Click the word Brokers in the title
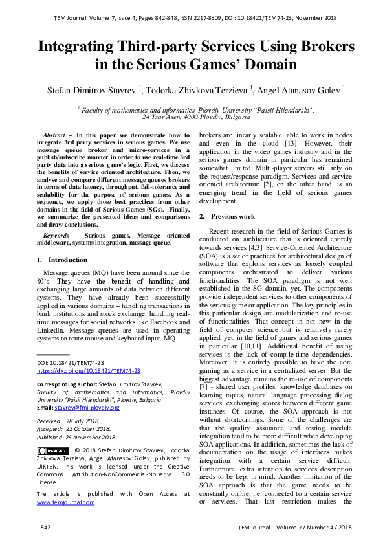(x=316, y=47)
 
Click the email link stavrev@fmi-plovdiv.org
(x=87, y=408)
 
